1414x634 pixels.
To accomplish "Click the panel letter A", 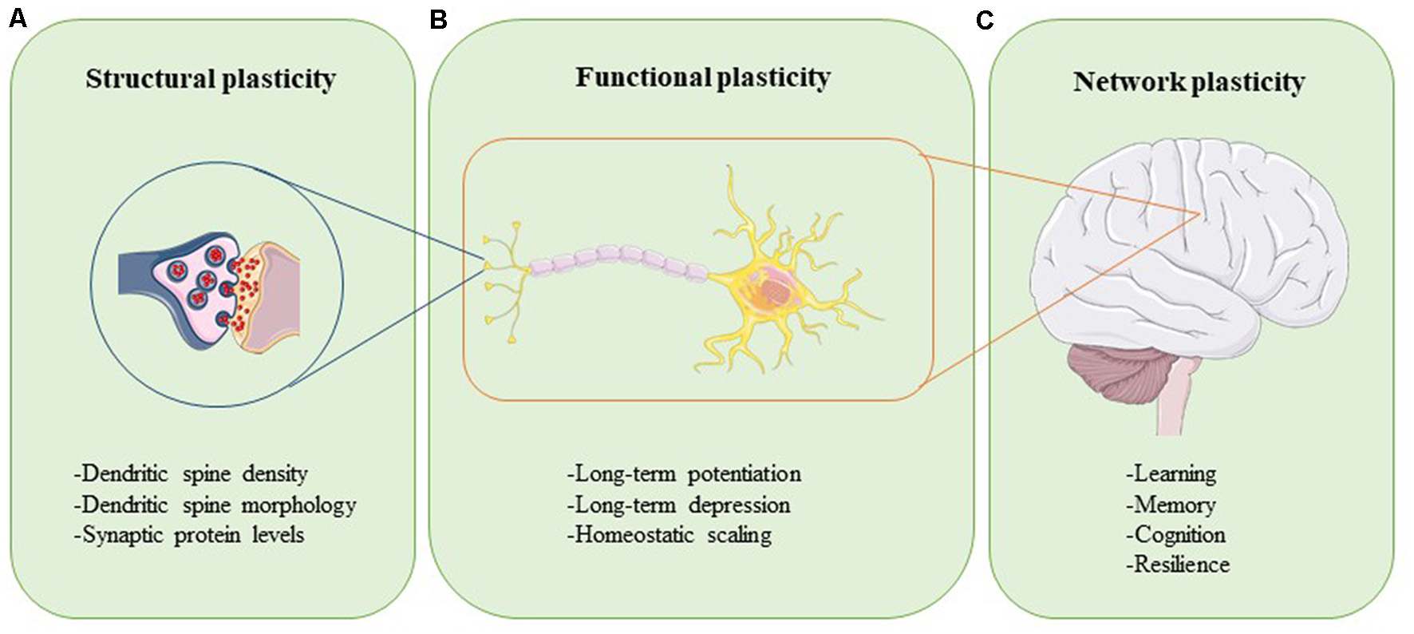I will point(18,18).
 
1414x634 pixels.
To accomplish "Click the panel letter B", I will point(438,19).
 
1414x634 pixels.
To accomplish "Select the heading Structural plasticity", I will point(211,79).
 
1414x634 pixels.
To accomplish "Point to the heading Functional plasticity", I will point(703,77).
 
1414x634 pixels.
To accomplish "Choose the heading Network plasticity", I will point(1189,81).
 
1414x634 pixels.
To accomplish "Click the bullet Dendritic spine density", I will point(191,474).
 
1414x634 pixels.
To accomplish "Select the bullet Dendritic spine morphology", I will point(215,505).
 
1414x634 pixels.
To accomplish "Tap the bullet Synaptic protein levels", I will point(189,534).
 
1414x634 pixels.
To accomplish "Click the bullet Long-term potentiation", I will point(685,474).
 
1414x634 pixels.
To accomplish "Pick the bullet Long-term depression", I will point(679,505).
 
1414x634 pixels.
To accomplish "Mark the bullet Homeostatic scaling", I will point(669,534).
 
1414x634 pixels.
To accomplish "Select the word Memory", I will point(1171,505).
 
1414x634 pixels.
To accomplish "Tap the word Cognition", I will point(1176,534).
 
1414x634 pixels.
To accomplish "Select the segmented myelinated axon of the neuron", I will point(618,260).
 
